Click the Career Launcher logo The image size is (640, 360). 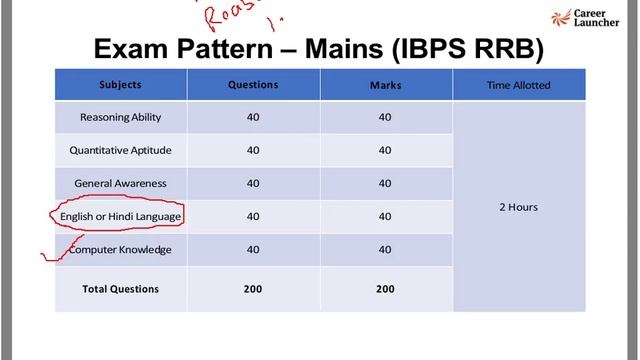pos(597,20)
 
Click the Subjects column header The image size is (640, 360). pos(120,85)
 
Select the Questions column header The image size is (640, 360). pos(253,85)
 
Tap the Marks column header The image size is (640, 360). pos(385,85)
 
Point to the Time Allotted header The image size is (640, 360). pos(518,85)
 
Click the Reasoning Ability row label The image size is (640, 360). pos(120,117)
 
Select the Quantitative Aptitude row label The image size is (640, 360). pos(120,150)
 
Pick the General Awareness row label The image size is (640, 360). pos(120,183)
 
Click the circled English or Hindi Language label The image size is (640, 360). pos(120,216)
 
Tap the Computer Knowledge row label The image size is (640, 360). pos(120,249)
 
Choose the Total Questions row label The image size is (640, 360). pos(120,289)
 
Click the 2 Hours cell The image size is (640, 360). pos(518,207)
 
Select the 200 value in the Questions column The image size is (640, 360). pos(253,289)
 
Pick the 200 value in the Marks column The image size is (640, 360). pos(385,289)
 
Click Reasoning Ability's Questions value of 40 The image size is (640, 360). pos(253,117)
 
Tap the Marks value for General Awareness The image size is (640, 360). pos(385,183)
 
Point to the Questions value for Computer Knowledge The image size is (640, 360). pos(253,249)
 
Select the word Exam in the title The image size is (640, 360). pos(131,49)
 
